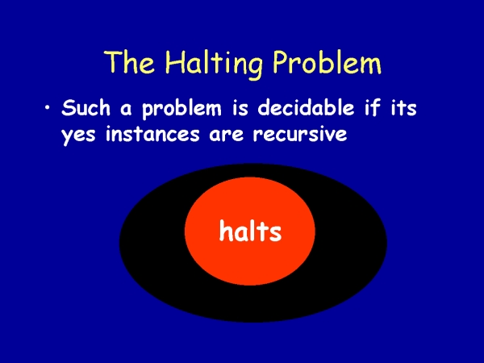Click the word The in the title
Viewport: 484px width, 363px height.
(x=129, y=61)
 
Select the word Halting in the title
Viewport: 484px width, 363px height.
(x=215, y=64)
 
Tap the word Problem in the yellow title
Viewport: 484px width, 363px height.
(x=328, y=61)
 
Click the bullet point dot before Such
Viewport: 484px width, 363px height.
(x=48, y=108)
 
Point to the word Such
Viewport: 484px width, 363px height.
(x=86, y=107)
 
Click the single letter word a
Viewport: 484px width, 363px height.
(x=126, y=110)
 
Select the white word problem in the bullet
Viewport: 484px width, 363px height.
(x=181, y=110)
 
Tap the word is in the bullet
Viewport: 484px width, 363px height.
(x=240, y=108)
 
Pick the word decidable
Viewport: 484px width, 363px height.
(x=306, y=107)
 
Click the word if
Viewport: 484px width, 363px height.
(x=372, y=107)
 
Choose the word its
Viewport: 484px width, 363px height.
(x=404, y=108)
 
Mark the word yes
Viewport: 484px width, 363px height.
(x=78, y=136)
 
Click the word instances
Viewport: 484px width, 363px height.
(x=152, y=134)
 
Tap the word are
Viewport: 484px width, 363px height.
(x=226, y=136)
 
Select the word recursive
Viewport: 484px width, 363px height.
(x=300, y=134)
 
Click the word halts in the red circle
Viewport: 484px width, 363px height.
(x=250, y=231)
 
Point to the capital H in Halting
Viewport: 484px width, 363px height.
(x=176, y=61)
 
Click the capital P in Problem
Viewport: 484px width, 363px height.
(x=282, y=61)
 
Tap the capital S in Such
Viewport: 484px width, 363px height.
(x=69, y=108)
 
